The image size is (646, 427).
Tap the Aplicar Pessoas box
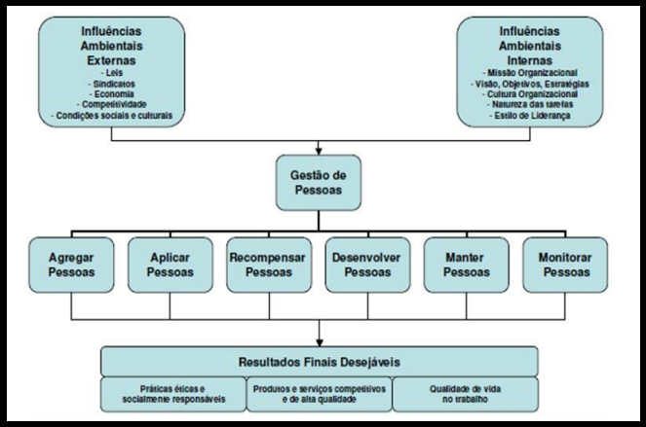point(170,265)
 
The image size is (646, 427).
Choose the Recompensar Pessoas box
point(268,265)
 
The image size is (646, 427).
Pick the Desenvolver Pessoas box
point(367,265)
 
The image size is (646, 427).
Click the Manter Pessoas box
point(466,265)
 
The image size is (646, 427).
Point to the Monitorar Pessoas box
point(563,265)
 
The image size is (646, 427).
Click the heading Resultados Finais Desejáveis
point(322,362)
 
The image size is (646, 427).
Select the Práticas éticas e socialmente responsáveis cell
point(172,393)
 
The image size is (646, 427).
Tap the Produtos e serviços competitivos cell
point(319,393)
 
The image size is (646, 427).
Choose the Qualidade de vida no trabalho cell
point(467,393)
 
